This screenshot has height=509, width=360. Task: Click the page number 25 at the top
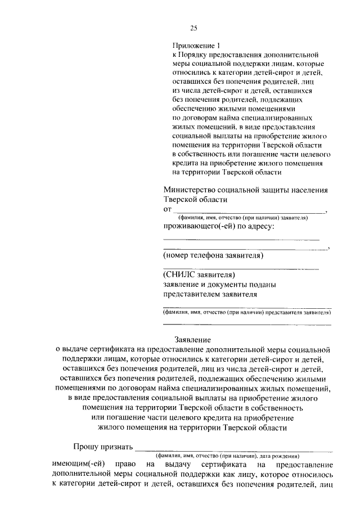193,28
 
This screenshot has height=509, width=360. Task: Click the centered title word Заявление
192,340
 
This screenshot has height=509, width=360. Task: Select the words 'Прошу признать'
103,448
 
